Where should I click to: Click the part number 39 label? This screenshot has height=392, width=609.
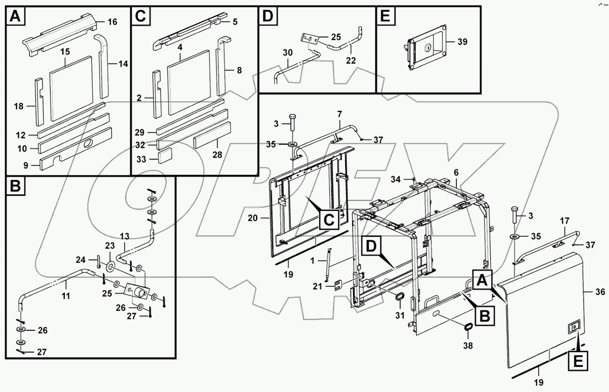[x=462, y=42]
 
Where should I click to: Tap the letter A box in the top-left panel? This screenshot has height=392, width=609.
[x=15, y=17]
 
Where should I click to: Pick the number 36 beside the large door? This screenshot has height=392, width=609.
[x=600, y=292]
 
